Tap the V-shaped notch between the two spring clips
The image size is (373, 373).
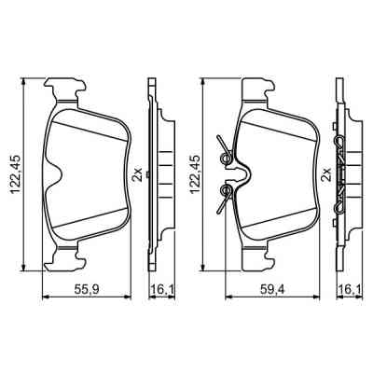click(x=245, y=173)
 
